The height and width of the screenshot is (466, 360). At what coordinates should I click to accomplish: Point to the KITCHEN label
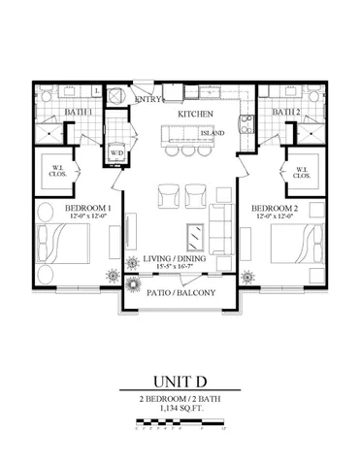(x=194, y=116)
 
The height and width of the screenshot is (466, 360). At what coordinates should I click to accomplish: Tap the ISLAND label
(x=213, y=132)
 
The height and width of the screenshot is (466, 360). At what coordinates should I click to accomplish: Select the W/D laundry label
(x=116, y=153)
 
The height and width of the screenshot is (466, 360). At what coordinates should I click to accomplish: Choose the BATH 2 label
(x=286, y=114)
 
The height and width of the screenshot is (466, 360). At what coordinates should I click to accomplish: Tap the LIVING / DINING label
(x=178, y=260)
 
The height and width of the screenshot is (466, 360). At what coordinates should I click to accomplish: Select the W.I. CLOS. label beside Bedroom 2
(x=299, y=174)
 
